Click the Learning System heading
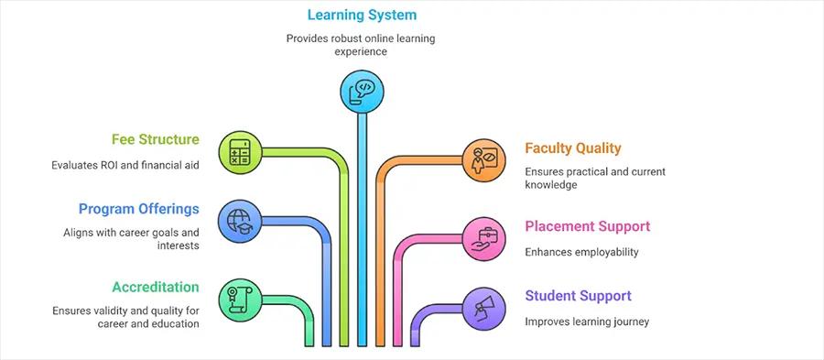click(362, 15)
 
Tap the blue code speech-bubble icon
click(362, 90)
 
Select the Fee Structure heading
click(155, 139)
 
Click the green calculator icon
click(241, 151)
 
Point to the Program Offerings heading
click(138, 208)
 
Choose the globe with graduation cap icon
click(241, 221)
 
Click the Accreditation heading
click(155, 286)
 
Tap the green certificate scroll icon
click(241, 300)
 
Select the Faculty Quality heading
click(572, 147)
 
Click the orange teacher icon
click(482, 159)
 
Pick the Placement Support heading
click(587, 226)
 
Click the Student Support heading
click(578, 295)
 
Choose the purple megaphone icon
click(482, 307)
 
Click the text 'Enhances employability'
click(581, 251)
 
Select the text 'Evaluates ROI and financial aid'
click(125, 165)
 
